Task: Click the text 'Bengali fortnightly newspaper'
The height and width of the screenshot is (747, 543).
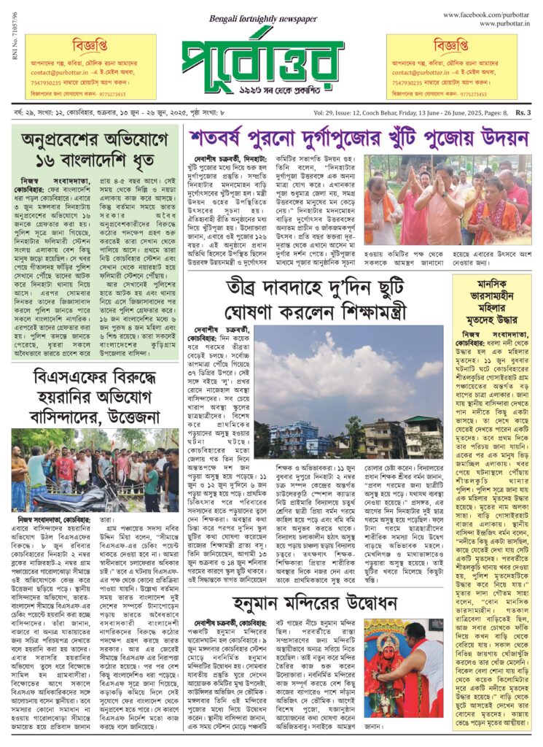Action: (x=254, y=19)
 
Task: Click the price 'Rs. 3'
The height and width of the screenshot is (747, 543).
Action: (x=523, y=112)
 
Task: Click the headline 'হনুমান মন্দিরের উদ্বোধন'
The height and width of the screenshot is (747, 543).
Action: (x=315, y=603)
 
